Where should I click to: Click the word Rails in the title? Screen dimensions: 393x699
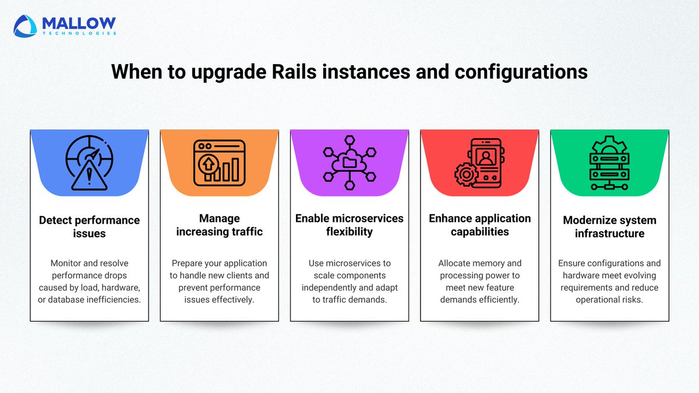coord(284,72)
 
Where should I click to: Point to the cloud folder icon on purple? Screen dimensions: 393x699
coord(349,162)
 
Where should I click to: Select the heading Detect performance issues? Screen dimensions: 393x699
coord(89,226)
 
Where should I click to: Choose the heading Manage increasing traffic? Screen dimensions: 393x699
coord(219,225)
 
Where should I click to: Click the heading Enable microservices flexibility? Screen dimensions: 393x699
coord(349,225)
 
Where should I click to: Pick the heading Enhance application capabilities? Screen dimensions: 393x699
coord(480,225)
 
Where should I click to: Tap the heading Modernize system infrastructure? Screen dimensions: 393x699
coord(610,226)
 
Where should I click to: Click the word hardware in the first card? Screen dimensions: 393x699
coord(119,287)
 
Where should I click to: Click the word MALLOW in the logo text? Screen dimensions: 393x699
coord(79,23)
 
